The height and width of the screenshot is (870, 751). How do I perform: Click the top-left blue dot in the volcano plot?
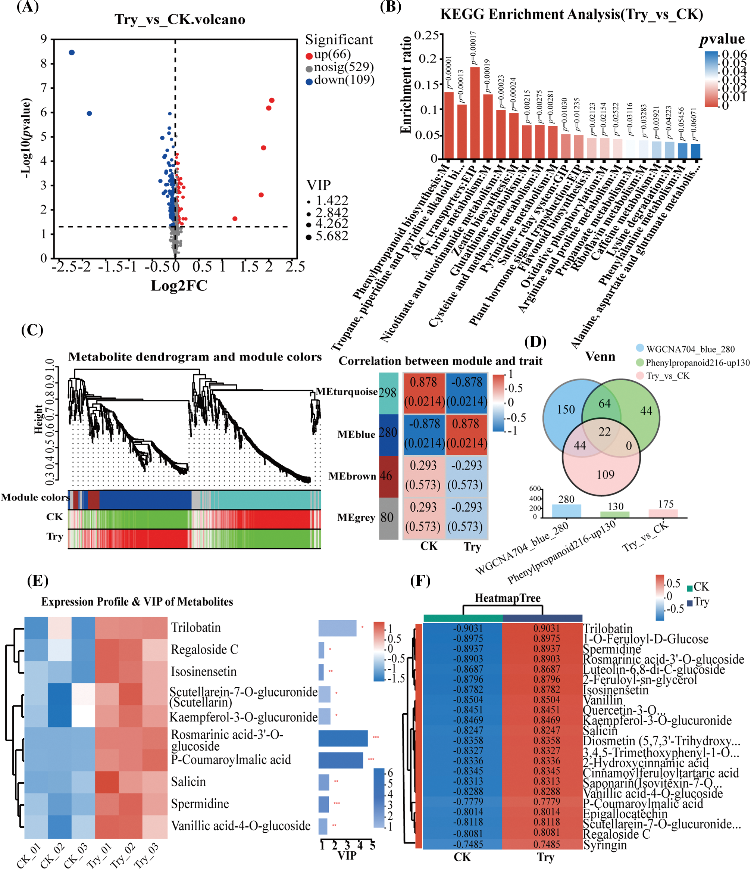(72, 53)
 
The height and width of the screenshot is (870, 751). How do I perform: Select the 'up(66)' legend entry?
(332, 54)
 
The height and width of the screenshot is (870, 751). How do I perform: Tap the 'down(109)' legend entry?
(343, 80)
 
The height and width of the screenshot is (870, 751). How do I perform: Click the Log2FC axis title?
(179, 286)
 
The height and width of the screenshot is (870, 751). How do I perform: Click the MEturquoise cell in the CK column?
(423, 392)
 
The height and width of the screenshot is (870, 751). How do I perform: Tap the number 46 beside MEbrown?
(386, 476)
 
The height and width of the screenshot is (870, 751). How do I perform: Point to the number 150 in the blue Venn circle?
(566, 409)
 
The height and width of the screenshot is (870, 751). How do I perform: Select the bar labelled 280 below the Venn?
(566, 511)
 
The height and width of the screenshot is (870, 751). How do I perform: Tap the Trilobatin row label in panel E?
(195, 628)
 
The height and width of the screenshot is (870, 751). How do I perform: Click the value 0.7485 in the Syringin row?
(547, 844)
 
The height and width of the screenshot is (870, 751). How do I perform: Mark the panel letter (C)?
(32, 330)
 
